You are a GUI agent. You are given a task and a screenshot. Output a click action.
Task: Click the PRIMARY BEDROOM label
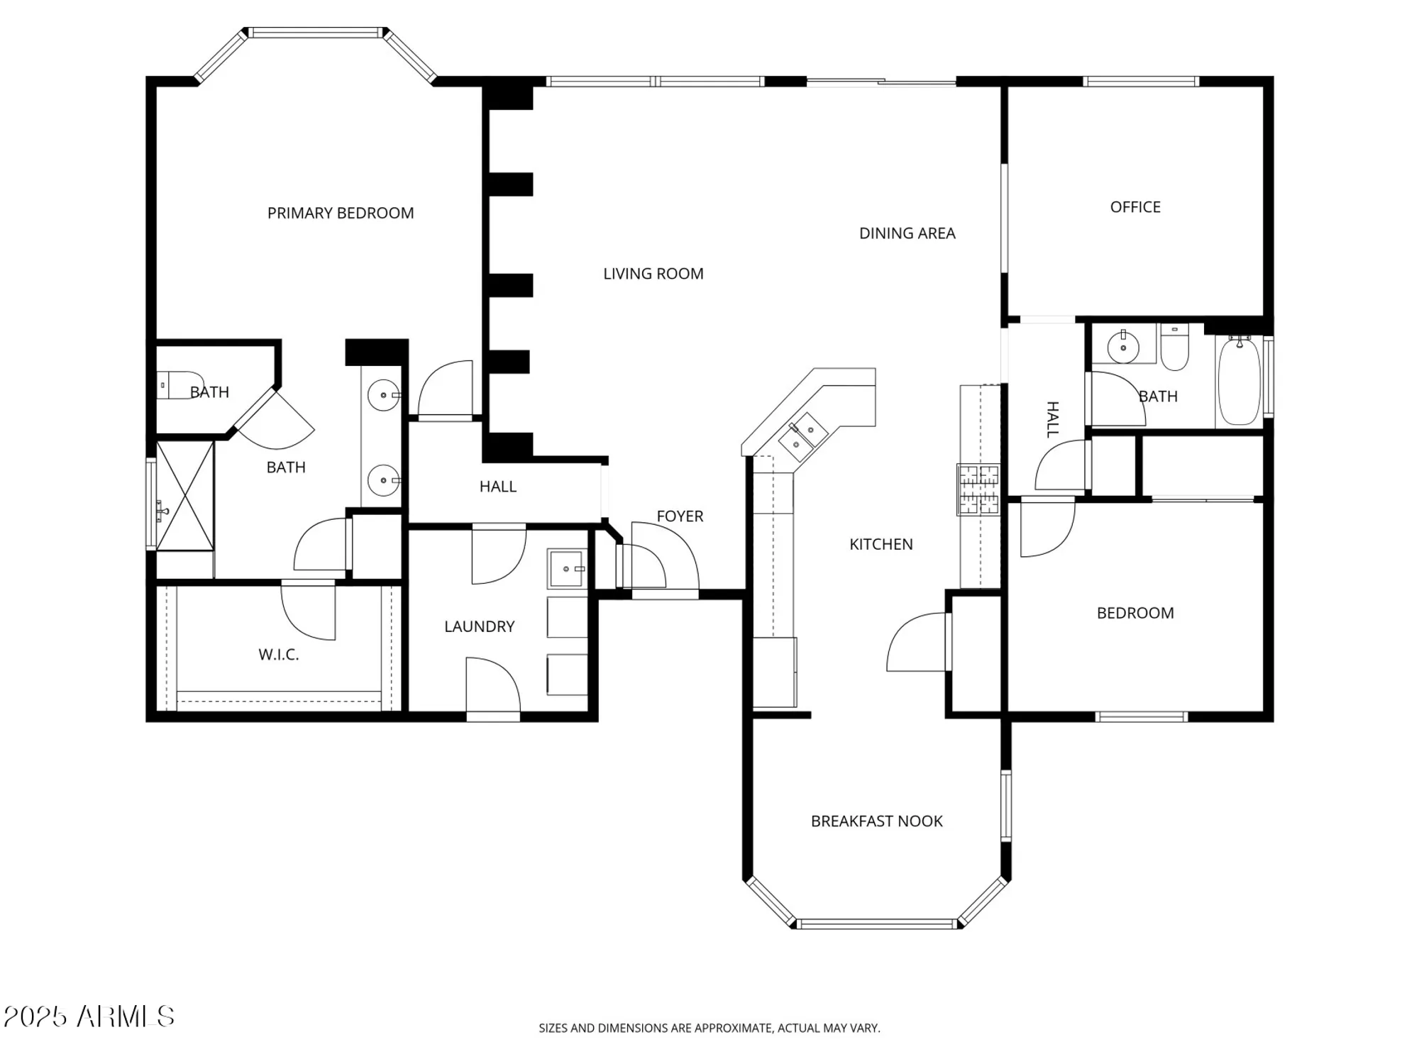pos(341,213)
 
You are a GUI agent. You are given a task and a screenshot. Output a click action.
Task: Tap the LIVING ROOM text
pos(653,274)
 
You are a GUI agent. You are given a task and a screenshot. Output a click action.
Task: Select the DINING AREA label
pos(907,233)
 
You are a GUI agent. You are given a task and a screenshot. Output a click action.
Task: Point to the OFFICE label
pos(1135,207)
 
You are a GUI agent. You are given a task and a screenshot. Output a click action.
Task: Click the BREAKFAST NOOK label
pos(876,821)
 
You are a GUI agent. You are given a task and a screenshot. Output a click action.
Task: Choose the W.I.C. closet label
pos(278,655)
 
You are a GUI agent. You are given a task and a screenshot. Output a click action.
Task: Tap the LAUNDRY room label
pos(479,626)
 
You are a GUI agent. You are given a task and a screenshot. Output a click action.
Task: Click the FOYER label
pos(680,516)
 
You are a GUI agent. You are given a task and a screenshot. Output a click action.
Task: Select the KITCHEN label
pos(880,544)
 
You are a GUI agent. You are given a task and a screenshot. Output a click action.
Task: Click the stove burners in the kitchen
pos(978,489)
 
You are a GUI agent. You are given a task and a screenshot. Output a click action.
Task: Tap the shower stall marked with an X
pos(184,495)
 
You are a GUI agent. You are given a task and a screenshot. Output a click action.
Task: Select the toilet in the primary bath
pos(180,384)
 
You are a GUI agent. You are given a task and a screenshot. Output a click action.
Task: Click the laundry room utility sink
pos(566,568)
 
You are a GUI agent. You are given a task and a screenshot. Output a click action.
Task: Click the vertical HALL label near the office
pos(1053,419)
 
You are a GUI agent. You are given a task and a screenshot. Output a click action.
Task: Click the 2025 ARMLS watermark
pos(89,1016)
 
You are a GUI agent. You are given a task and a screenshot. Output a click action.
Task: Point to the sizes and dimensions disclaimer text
pos(709,1028)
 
